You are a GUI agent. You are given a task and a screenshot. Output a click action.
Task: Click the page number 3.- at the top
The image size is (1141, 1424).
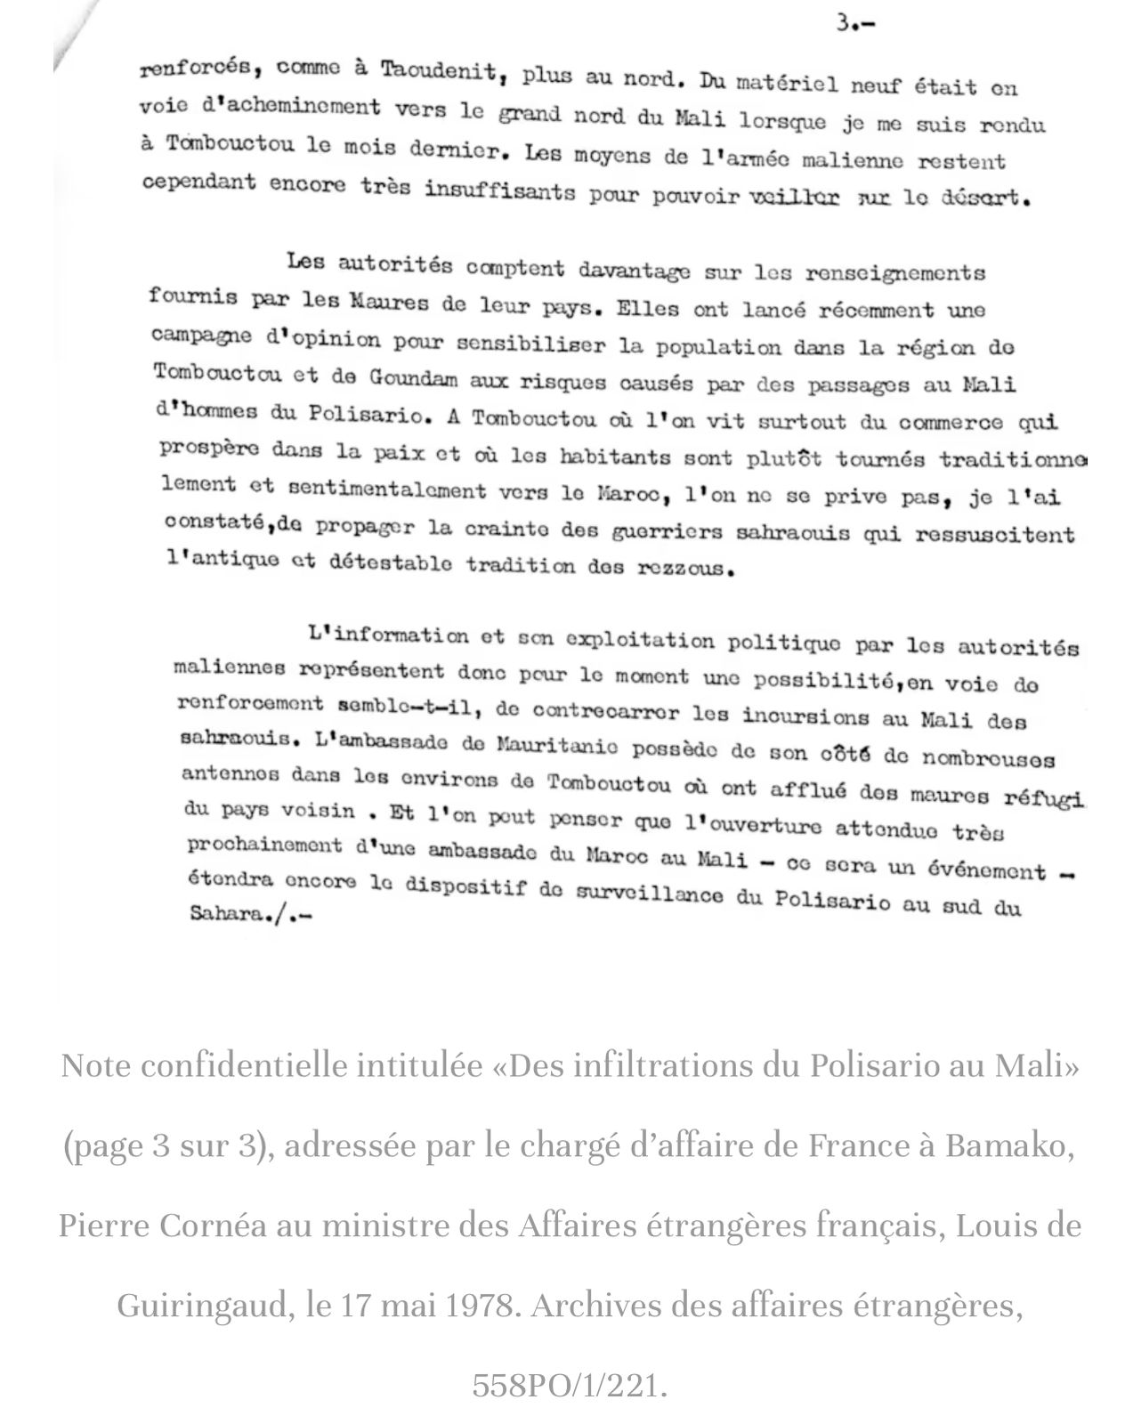[855, 24]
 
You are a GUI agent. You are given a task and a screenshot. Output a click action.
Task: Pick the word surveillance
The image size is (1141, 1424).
[651, 899]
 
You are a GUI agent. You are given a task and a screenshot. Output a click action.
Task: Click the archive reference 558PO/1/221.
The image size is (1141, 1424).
[570, 1385]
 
